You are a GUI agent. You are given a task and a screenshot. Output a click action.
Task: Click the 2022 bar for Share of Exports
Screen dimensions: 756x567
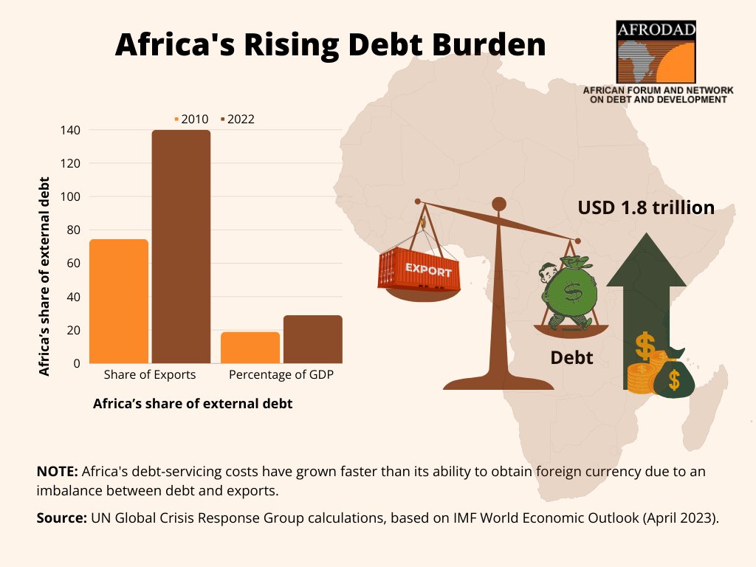pos(182,247)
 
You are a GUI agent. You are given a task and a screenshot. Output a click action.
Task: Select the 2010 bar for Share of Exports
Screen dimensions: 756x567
pos(119,301)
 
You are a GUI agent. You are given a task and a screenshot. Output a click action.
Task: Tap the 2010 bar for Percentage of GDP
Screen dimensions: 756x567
pos(250,347)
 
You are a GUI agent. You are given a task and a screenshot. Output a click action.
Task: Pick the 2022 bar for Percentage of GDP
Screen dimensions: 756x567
pos(313,339)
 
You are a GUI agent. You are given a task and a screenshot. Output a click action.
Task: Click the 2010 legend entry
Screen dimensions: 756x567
pos(191,119)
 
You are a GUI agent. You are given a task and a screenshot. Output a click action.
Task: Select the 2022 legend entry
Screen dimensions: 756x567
pos(238,119)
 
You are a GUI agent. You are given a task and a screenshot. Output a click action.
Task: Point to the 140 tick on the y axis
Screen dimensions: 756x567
pos(70,130)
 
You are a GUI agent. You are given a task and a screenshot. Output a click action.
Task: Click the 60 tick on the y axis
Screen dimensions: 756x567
pos(73,264)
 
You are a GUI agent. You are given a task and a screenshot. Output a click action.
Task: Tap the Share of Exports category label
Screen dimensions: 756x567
pos(150,374)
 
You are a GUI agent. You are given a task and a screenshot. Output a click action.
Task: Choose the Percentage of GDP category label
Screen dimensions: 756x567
pos(281,374)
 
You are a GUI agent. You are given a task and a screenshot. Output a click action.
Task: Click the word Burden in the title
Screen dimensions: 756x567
pos(489,44)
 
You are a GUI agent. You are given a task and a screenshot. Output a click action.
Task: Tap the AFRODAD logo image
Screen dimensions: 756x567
pos(656,52)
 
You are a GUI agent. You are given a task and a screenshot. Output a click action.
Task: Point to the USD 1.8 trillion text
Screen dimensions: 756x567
pos(646,207)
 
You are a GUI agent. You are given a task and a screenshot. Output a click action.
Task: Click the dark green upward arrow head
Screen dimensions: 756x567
pos(646,261)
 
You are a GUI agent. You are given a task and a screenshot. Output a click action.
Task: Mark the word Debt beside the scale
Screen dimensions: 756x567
pos(572,358)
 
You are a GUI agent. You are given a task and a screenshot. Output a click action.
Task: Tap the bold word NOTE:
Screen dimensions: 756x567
pos(58,471)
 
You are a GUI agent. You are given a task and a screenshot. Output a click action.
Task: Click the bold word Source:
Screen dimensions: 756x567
pos(62,518)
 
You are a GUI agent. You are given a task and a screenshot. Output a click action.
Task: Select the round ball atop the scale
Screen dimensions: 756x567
pos(499,205)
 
